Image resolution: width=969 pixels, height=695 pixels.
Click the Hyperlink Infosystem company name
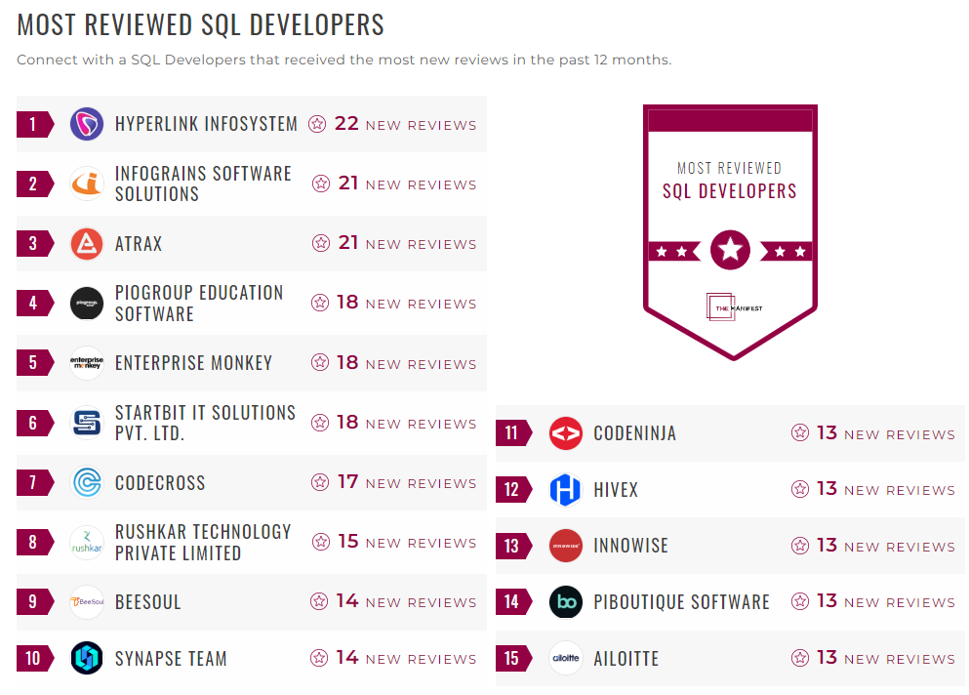click(206, 124)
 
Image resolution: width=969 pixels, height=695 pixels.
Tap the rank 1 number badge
click(33, 124)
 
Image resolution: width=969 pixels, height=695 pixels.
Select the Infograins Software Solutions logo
click(87, 184)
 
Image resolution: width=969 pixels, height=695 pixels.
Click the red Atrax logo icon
click(87, 243)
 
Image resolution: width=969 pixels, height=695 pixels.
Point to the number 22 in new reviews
click(346, 124)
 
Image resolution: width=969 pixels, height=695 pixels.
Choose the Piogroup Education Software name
click(199, 303)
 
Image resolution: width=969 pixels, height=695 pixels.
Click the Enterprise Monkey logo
click(87, 363)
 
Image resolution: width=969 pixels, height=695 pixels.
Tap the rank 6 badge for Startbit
click(33, 423)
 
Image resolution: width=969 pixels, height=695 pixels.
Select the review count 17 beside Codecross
click(347, 482)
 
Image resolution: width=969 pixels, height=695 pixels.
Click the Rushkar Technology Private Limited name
click(203, 542)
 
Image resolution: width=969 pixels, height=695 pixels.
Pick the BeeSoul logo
click(87, 602)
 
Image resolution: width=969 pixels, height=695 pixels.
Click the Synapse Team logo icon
click(87, 658)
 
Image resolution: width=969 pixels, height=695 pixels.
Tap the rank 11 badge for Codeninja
click(512, 433)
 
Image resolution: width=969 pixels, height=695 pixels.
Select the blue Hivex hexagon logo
click(566, 489)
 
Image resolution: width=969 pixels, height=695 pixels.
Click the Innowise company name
click(630, 546)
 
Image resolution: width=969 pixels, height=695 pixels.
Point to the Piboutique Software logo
click(566, 601)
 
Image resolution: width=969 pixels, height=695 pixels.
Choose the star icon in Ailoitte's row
click(800, 658)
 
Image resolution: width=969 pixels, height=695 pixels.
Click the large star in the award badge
click(730, 250)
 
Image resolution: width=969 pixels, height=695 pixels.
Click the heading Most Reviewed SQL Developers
click(201, 24)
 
